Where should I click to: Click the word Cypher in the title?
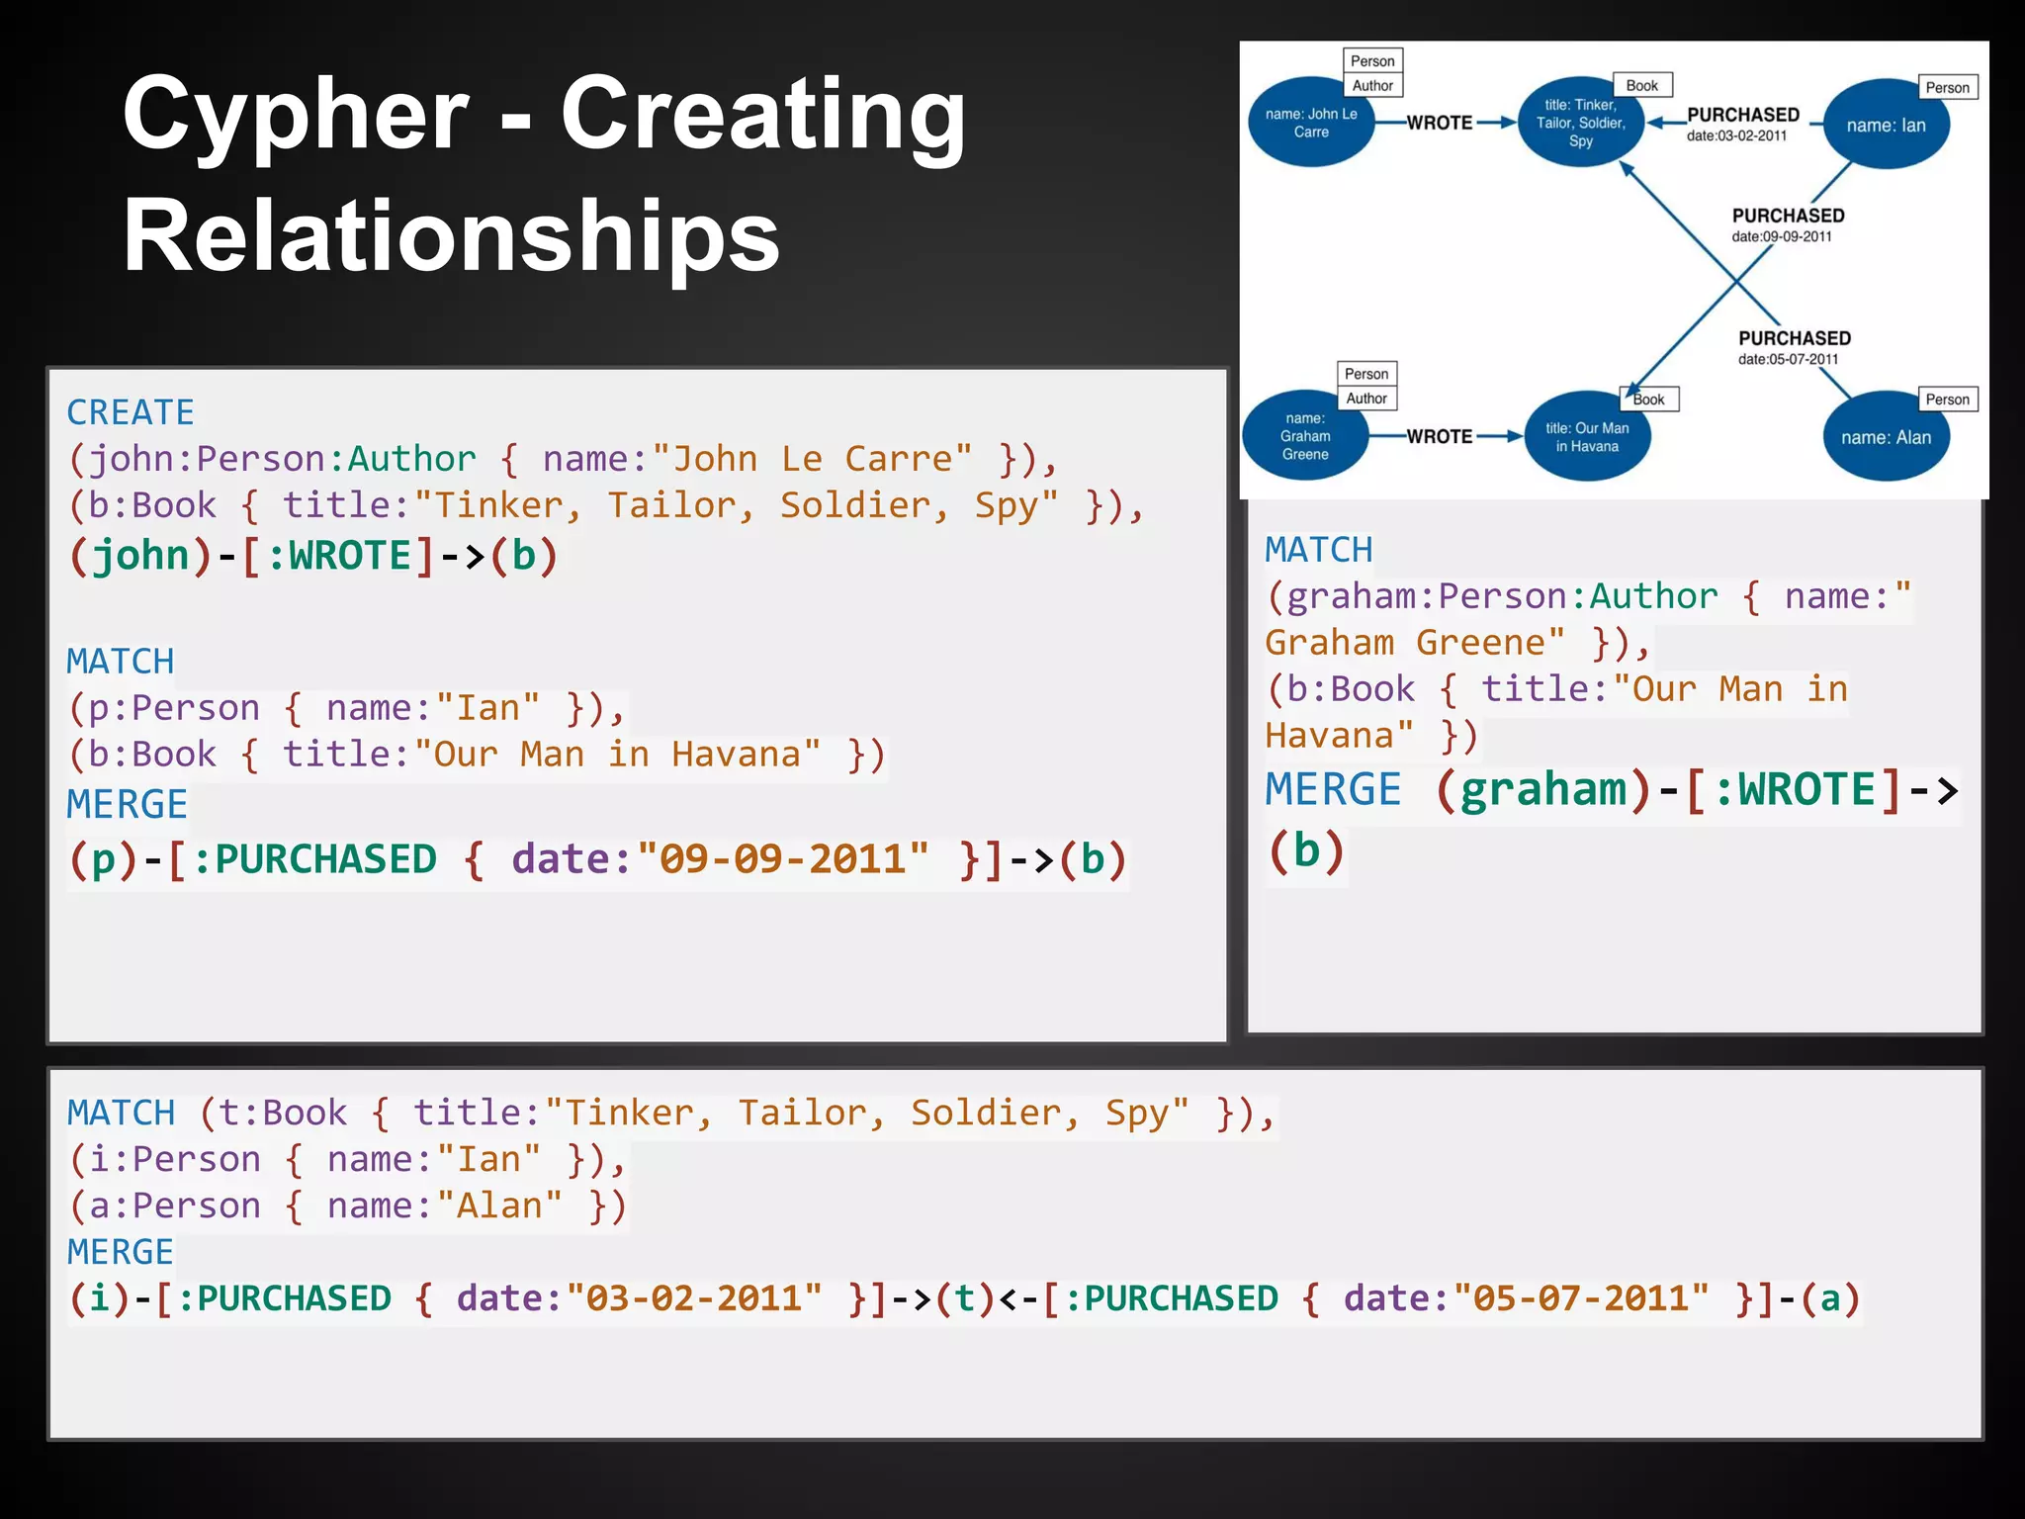pyautogui.click(x=295, y=117)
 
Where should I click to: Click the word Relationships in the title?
pyautogui.click(x=451, y=237)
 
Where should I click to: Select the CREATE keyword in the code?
pyautogui.click(x=131, y=412)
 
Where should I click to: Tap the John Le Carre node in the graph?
pyautogui.click(x=1311, y=123)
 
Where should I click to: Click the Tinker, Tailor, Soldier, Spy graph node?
pyautogui.click(x=1580, y=124)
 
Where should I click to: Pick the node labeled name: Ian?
pyautogui.click(x=1886, y=126)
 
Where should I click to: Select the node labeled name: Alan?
pyautogui.click(x=1886, y=437)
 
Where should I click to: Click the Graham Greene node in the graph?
pyautogui.click(x=1305, y=436)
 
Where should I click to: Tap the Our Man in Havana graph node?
pyautogui.click(x=1587, y=437)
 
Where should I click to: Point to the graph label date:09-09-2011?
pyautogui.click(x=1782, y=236)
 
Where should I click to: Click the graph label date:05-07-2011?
pyautogui.click(x=1789, y=359)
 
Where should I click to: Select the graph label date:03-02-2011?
pyautogui.click(x=1737, y=135)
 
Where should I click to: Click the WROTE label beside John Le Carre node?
pyautogui.click(x=1440, y=123)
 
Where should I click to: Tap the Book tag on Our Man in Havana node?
pyautogui.click(x=1649, y=400)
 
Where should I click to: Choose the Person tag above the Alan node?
pyautogui.click(x=1947, y=400)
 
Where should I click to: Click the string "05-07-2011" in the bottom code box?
pyautogui.click(x=1581, y=1298)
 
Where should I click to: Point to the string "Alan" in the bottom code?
pyautogui.click(x=499, y=1206)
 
